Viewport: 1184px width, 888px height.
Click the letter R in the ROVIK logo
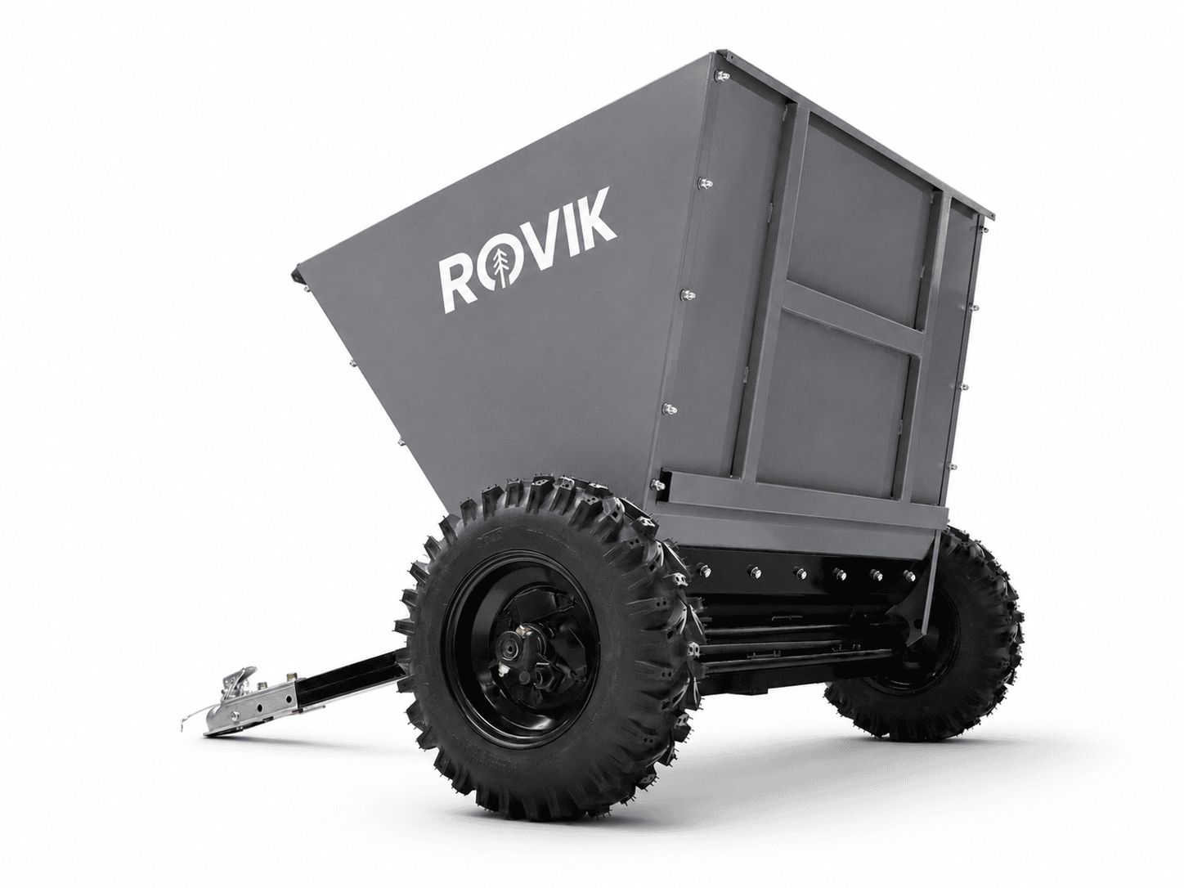pyautogui.click(x=460, y=285)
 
